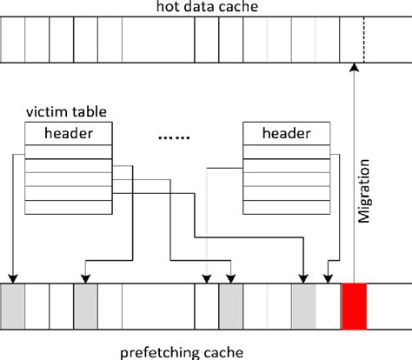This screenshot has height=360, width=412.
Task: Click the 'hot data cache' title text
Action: pyautogui.click(x=205, y=8)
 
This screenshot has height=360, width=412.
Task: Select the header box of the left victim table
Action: pyautogui.click(x=68, y=133)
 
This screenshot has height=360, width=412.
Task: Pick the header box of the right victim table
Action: pyautogui.click(x=286, y=133)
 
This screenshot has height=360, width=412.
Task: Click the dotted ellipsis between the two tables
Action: pyautogui.click(x=177, y=136)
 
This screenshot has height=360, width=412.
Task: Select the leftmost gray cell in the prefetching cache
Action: pyautogui.click(x=14, y=305)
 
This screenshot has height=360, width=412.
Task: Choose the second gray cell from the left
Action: pyautogui.click(x=86, y=305)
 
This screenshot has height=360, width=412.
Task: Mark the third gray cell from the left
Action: pyautogui.click(x=230, y=305)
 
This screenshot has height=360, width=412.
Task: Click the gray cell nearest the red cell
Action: pyautogui.click(x=303, y=305)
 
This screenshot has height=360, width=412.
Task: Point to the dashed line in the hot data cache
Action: pyautogui.click(x=364, y=43)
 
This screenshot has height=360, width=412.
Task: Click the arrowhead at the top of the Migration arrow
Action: pyautogui.click(x=354, y=68)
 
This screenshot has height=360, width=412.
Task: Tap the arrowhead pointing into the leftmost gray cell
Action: pyautogui.click(x=14, y=277)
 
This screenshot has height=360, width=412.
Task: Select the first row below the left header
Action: pyautogui.click(x=68, y=152)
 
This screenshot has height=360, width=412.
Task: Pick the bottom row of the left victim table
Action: pyautogui.click(x=68, y=209)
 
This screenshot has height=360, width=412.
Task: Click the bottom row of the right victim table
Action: pyautogui.click(x=286, y=209)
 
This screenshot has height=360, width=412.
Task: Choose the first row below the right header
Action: pyautogui.click(x=286, y=152)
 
